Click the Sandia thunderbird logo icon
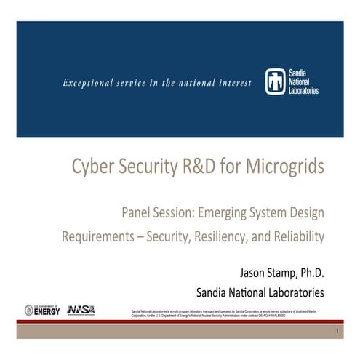pos(273,81)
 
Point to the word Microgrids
pos(279,167)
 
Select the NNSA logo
pos(81,310)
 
